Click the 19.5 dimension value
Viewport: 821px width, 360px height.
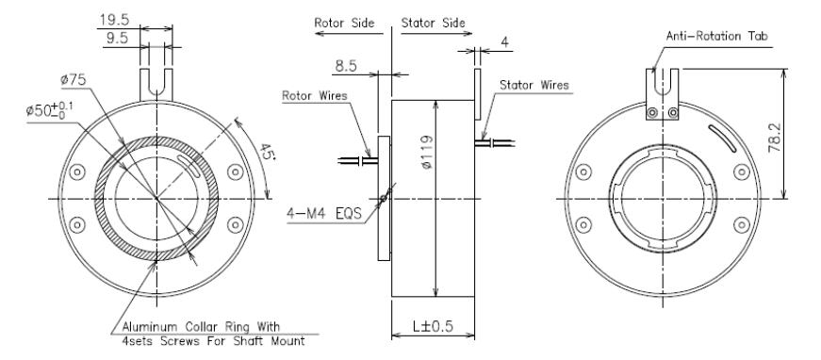pyautogui.click(x=114, y=20)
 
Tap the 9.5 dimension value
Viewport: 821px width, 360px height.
pyautogui.click(x=117, y=39)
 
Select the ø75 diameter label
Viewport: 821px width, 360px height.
pyautogui.click(x=73, y=80)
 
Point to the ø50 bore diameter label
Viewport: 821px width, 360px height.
pyautogui.click(x=50, y=110)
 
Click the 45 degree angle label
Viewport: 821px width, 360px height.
pyautogui.click(x=266, y=153)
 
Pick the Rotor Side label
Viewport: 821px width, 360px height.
pyautogui.click(x=344, y=23)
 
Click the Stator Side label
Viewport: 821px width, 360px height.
pyautogui.click(x=433, y=23)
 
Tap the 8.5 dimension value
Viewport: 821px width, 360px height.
pyautogui.click(x=345, y=67)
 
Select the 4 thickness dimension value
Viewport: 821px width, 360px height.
pyautogui.click(x=504, y=42)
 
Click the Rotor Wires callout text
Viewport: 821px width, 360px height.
pyautogui.click(x=315, y=96)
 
